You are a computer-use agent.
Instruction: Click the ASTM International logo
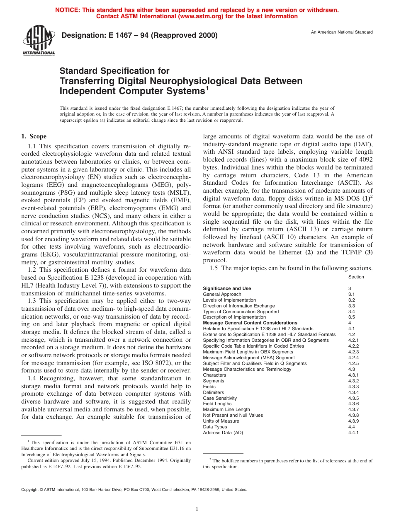tap(39, 41)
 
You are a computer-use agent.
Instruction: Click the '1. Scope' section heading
tap(34, 136)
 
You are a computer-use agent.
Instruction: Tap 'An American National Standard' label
tap(342, 32)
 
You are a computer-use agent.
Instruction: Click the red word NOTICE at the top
tap(68, 10)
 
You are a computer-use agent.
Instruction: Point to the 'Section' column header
tap(356, 277)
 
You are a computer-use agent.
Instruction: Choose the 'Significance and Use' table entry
tap(227, 288)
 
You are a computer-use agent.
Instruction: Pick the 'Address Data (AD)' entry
tap(223, 433)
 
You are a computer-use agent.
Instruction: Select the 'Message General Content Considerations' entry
tap(250, 323)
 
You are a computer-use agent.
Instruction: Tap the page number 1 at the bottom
tap(197, 509)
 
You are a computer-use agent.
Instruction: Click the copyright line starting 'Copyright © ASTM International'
tap(134, 489)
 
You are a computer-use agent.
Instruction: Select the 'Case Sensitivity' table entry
tap(220, 398)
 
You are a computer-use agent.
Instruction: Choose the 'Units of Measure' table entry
tap(221, 421)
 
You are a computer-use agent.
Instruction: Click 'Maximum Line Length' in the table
tap(226, 409)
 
